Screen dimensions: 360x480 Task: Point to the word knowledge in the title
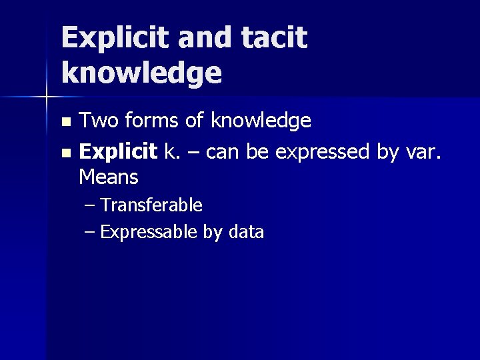tap(141, 73)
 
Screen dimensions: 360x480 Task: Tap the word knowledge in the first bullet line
tap(261, 121)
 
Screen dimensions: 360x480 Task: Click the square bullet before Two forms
tap(65, 123)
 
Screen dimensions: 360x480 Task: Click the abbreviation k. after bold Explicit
tap(171, 152)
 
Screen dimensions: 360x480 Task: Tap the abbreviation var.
tap(426, 153)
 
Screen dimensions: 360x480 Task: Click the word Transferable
tap(151, 205)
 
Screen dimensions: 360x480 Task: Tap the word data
tap(246, 232)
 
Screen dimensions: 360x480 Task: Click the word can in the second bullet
tap(224, 153)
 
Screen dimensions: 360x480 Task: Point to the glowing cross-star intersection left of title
tap(47, 97)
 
